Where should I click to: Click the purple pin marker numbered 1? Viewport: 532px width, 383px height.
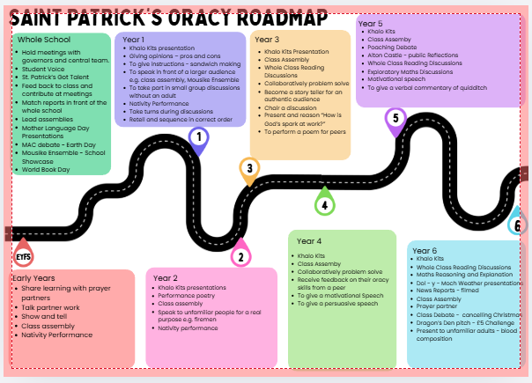point(199,138)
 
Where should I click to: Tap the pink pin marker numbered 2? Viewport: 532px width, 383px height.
point(240,256)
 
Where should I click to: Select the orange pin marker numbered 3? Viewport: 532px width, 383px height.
point(249,168)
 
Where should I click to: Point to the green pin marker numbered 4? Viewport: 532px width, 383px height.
point(324,205)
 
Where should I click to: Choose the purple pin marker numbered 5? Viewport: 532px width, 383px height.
point(395,118)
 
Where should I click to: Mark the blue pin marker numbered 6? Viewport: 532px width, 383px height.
point(518,225)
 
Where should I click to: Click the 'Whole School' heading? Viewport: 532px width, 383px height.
point(43,41)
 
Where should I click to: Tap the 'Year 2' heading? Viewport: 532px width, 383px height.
point(165,278)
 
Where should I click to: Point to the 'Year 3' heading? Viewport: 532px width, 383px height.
point(267,40)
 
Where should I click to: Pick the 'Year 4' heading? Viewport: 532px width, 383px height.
point(309,240)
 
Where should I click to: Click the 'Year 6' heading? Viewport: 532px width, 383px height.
point(425,249)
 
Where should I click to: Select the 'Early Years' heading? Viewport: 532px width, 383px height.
point(34,278)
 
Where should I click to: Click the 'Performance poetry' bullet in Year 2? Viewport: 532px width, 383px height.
point(188,295)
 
